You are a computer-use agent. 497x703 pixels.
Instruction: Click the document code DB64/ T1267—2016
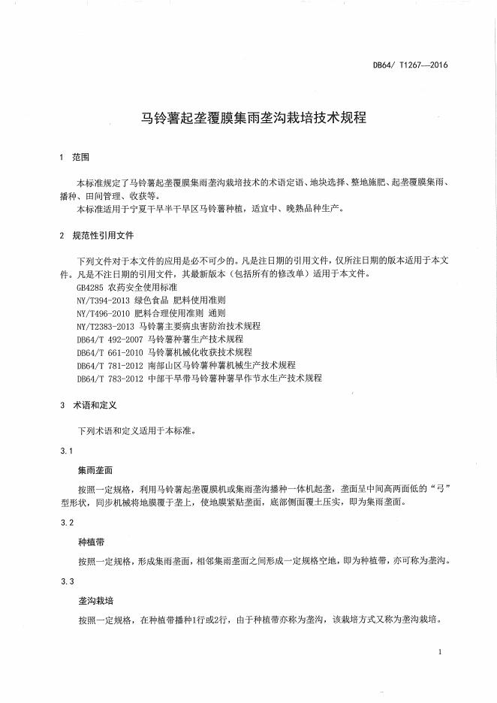410,66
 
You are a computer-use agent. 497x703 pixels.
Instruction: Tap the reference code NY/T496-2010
104,313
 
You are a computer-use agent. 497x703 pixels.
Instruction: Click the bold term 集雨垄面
95,469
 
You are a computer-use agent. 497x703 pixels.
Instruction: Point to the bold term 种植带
90,541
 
